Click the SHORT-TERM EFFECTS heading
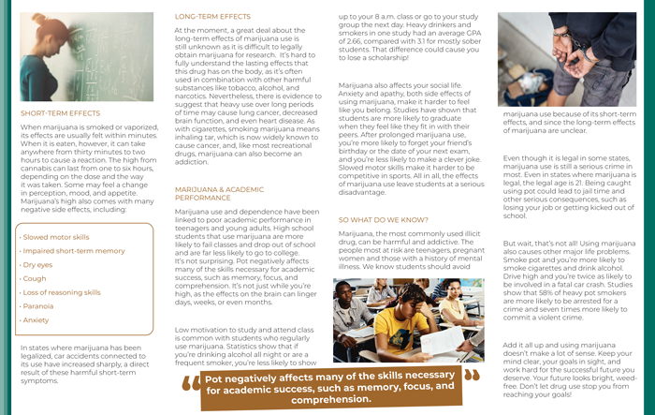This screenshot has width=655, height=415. (x=60, y=113)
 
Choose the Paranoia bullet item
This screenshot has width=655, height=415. (x=38, y=306)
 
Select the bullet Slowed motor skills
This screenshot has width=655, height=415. (x=55, y=238)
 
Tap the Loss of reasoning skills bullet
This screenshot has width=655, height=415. (x=61, y=292)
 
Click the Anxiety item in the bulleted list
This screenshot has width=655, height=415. (x=36, y=319)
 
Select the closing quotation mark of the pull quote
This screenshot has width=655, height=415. (x=471, y=375)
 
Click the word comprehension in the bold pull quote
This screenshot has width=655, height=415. (x=330, y=399)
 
